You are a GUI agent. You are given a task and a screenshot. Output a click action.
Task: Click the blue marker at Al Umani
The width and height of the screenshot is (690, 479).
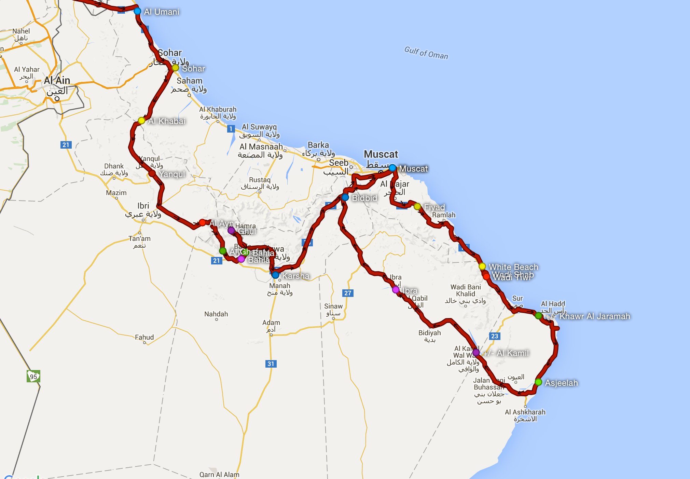click(x=137, y=11)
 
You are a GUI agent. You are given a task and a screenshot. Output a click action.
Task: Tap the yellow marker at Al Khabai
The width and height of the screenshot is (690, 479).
click(x=141, y=121)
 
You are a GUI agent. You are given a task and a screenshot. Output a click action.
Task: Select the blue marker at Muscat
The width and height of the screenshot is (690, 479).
click(x=392, y=168)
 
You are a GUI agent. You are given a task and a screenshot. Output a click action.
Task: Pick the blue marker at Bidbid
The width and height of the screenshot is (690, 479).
click(x=345, y=197)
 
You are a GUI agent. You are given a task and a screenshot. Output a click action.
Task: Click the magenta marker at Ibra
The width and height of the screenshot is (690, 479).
click(x=396, y=290)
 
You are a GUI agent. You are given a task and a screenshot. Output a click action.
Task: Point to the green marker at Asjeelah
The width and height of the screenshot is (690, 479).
click(x=538, y=382)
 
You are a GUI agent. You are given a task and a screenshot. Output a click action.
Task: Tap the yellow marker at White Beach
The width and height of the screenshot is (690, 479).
click(x=482, y=266)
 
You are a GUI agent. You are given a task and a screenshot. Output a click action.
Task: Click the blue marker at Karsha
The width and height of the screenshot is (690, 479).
click(x=275, y=275)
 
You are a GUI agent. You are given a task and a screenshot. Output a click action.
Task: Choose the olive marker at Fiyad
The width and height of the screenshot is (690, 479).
click(x=417, y=206)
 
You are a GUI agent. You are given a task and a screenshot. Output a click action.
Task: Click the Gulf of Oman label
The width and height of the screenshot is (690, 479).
click(x=426, y=53)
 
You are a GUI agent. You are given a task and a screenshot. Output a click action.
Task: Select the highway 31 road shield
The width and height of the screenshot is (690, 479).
click(x=271, y=364)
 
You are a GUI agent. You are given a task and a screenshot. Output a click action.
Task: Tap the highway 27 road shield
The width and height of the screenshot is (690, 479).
click(x=348, y=293)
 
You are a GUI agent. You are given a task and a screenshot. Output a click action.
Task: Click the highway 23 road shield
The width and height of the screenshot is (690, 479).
click(x=495, y=336)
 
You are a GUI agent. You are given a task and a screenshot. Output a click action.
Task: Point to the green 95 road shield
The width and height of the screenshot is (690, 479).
click(x=33, y=377)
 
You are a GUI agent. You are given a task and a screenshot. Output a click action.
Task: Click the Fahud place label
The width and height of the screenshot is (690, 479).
click(x=144, y=337)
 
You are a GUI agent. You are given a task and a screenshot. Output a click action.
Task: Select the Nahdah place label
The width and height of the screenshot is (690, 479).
click(x=216, y=314)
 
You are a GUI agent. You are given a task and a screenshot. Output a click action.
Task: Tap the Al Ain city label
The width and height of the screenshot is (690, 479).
click(x=57, y=81)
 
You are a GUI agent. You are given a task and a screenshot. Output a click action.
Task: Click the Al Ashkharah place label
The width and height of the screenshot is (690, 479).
click(x=525, y=412)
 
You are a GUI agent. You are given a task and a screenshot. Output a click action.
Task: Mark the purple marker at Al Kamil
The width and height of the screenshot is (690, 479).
click(x=476, y=352)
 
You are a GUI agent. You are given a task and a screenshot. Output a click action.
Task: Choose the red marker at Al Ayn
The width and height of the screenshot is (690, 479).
click(x=202, y=223)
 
